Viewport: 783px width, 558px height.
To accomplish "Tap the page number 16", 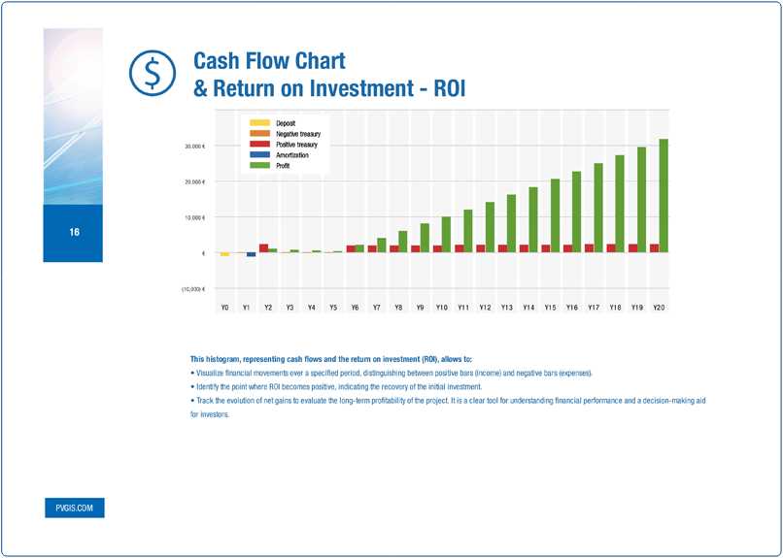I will (x=74, y=233).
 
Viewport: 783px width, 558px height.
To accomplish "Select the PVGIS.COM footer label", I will (x=74, y=508).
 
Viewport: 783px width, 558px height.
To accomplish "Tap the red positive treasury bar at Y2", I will (x=263, y=247).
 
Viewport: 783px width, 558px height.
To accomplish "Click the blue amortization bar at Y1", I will (x=251, y=254).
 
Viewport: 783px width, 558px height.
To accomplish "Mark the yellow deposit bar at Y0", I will (x=224, y=254).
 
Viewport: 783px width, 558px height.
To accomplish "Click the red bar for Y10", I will (x=437, y=248).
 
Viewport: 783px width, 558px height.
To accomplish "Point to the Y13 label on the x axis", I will (x=506, y=307).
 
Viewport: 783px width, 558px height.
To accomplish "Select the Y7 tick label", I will (x=376, y=307).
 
